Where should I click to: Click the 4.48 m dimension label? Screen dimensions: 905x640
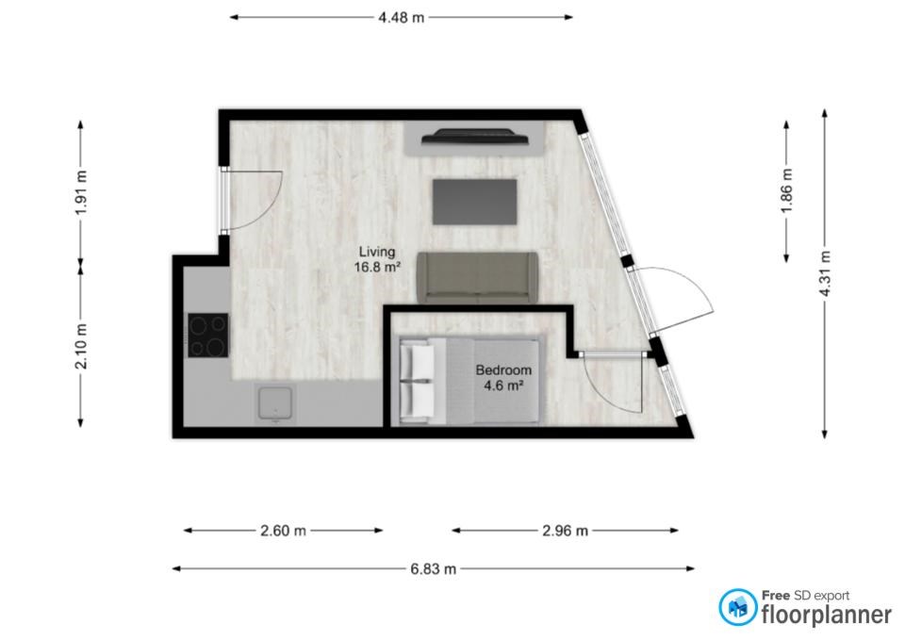[x=402, y=18]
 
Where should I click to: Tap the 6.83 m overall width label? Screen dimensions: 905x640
[x=433, y=569]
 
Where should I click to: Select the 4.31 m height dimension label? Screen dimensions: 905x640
[x=825, y=273]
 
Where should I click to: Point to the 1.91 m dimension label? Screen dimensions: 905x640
[x=81, y=192]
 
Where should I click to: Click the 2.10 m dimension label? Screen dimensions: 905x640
[x=81, y=346]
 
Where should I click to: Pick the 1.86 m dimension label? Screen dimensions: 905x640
[x=786, y=190]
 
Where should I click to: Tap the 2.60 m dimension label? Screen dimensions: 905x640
[x=283, y=531]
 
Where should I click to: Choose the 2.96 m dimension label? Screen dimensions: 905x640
[x=565, y=531]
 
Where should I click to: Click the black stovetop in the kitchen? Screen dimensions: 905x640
[x=208, y=335]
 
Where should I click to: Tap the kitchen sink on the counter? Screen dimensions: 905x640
[x=275, y=402]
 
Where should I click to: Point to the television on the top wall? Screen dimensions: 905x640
[x=475, y=136]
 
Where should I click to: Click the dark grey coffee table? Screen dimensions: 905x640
[x=474, y=202]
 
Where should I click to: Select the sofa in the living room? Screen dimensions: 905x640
[x=477, y=277]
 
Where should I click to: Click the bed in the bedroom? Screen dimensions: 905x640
[x=471, y=380]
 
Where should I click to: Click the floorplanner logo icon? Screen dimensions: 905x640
[x=737, y=607]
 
